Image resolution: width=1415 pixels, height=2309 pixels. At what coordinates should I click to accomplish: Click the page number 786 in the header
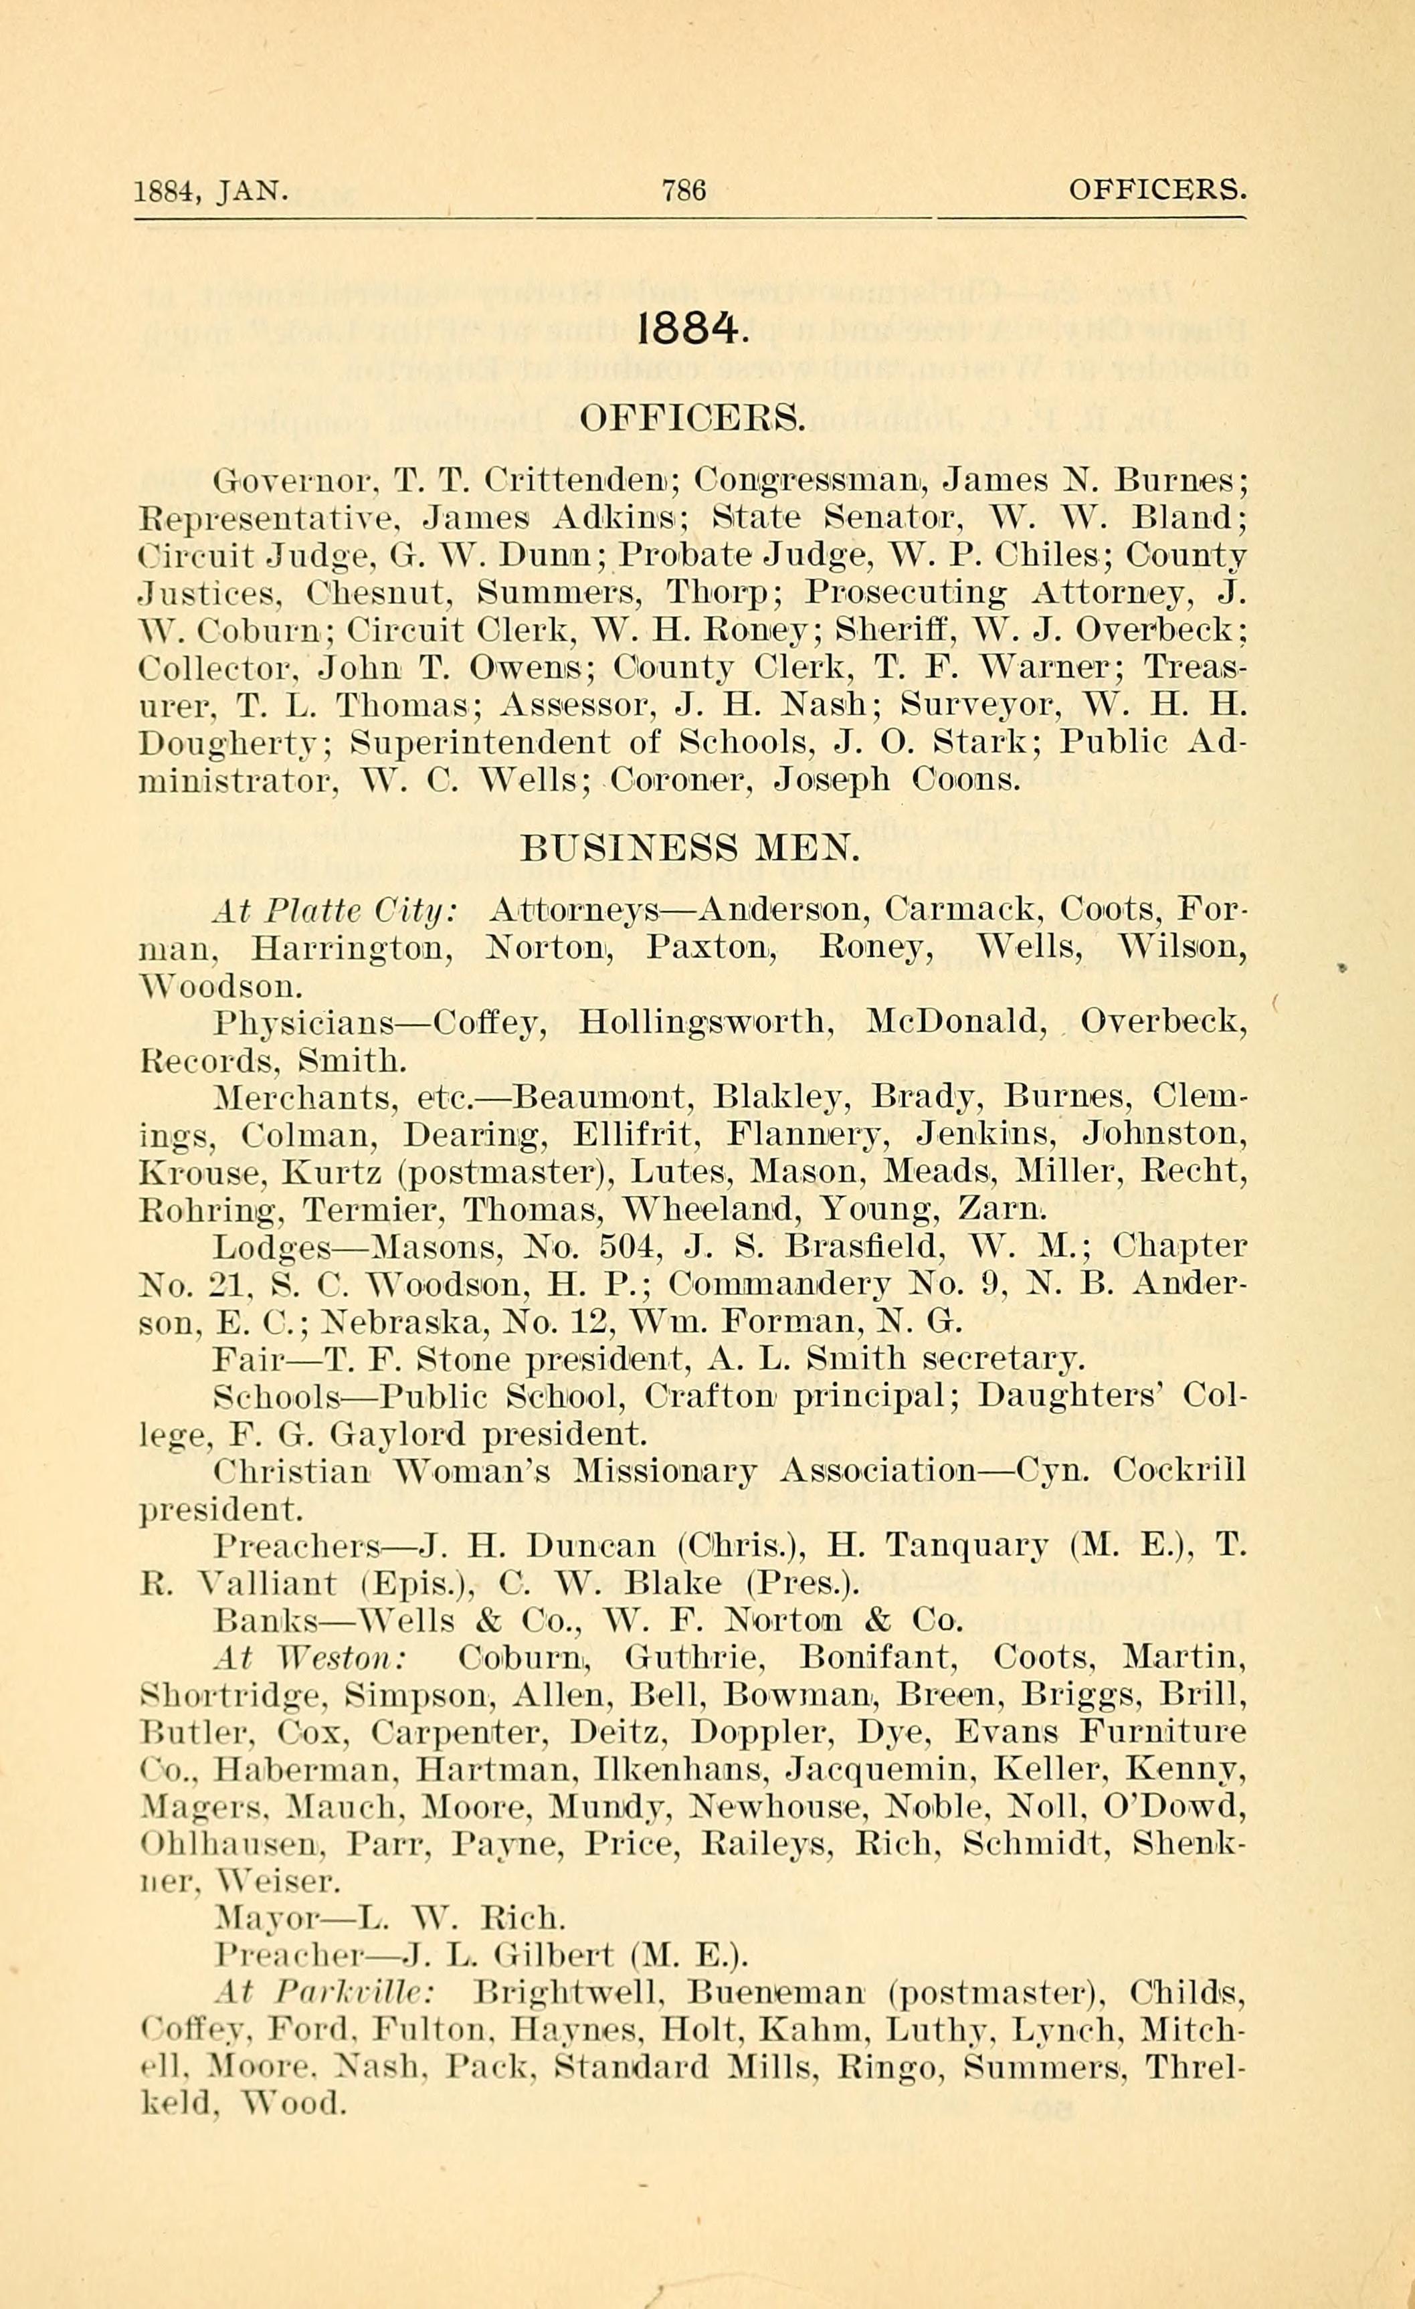click(683, 191)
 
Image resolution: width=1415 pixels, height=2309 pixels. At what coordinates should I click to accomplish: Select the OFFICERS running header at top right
click(1157, 191)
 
